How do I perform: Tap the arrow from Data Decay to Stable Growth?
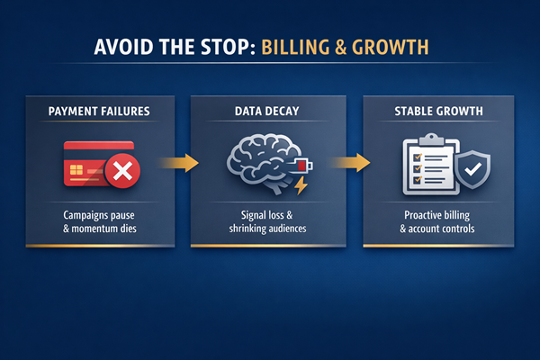(350, 163)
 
